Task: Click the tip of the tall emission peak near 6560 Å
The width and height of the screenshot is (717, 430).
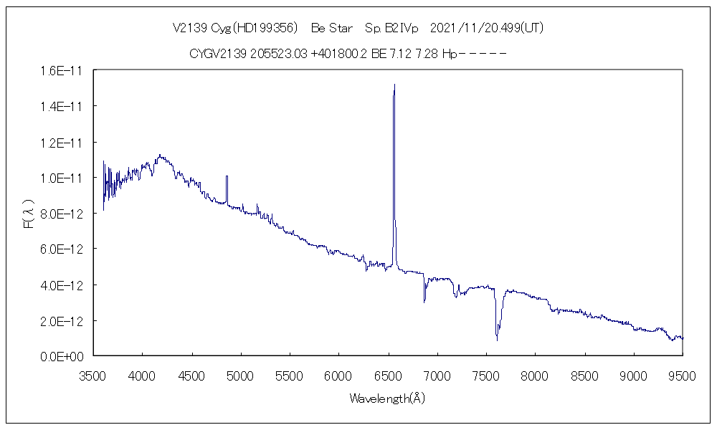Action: (394, 85)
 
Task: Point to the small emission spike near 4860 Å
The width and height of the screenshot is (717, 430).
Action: (227, 176)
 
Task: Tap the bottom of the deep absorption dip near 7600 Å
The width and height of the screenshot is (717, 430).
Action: (497, 339)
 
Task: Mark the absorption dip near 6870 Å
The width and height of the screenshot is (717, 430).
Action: (424, 301)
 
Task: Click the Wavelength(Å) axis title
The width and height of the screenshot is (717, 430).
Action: (387, 398)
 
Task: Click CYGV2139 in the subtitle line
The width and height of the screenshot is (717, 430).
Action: (218, 53)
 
